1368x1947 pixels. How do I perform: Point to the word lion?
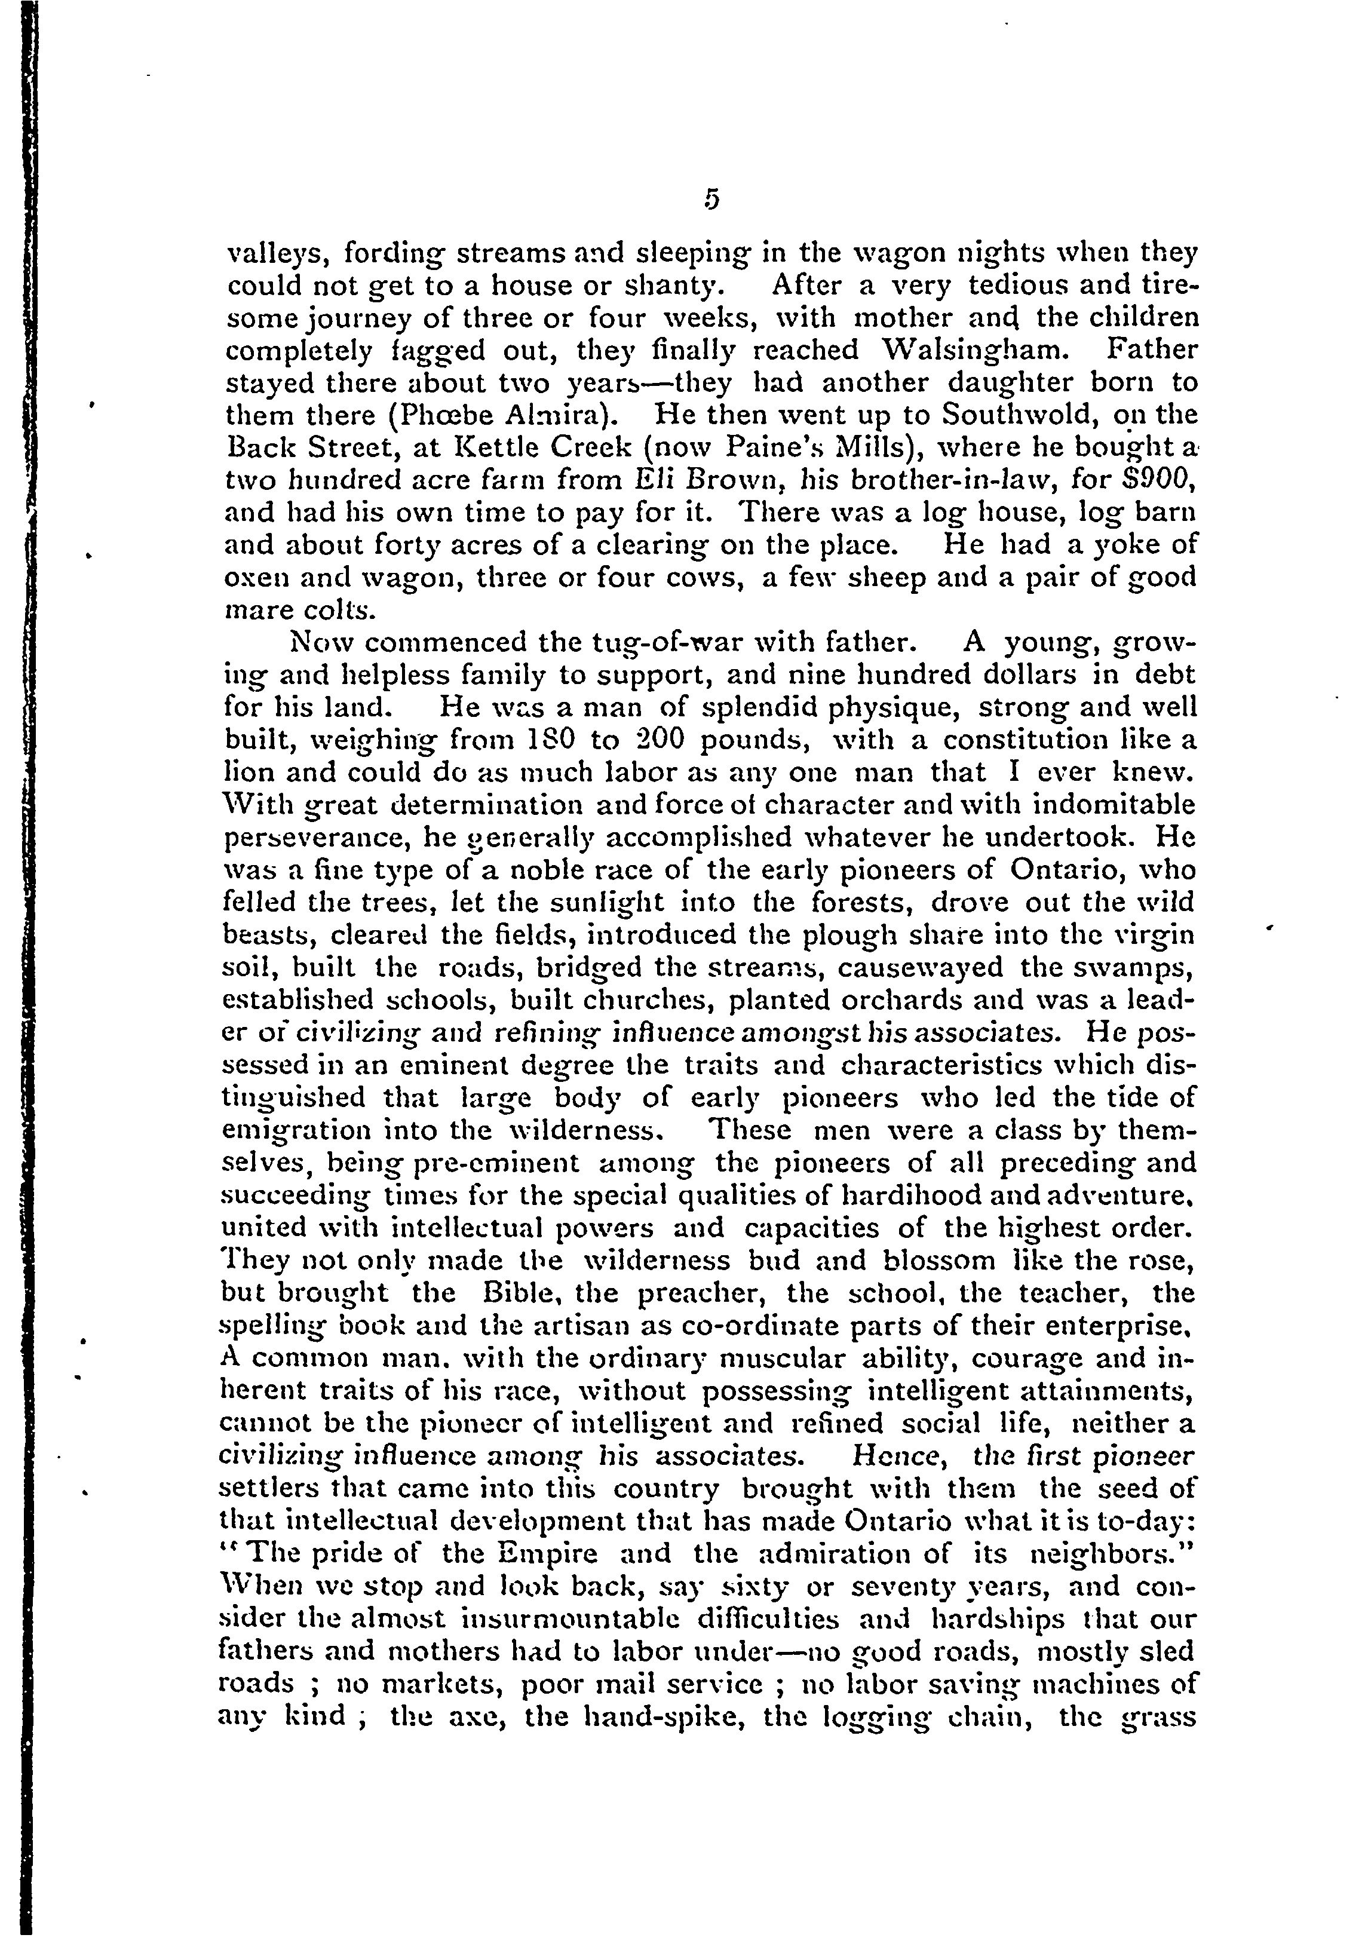tap(248, 772)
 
